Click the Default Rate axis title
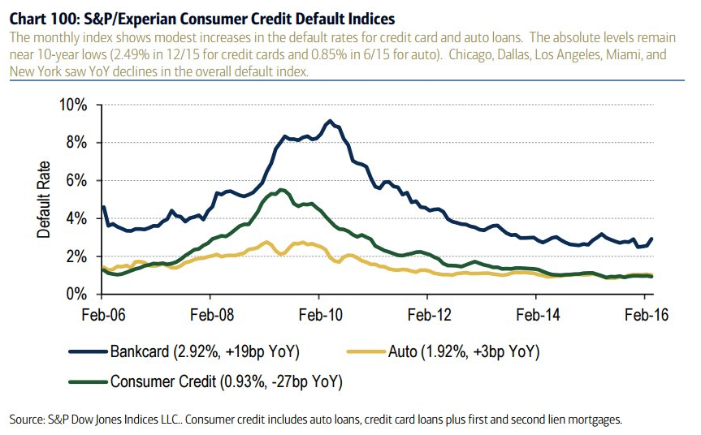(44, 199)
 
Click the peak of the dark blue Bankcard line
(329, 121)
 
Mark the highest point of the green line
(281, 190)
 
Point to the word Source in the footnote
(29, 419)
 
